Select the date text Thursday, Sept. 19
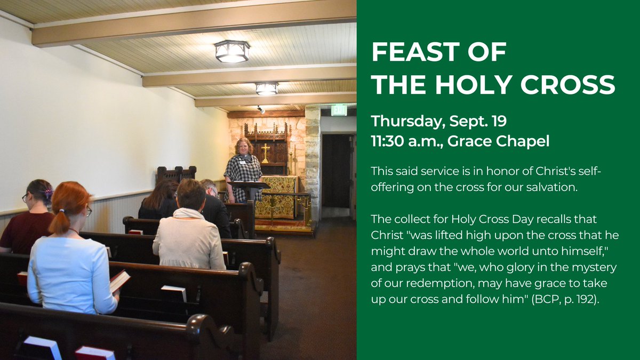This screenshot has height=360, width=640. [x=438, y=122]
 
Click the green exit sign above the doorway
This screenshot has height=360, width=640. [x=339, y=110]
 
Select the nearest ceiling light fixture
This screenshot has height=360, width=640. [x=232, y=52]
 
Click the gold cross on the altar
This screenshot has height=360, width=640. [x=265, y=152]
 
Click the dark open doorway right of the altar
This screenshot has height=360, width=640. [x=336, y=171]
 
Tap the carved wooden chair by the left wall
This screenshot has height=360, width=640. [x=176, y=174]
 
